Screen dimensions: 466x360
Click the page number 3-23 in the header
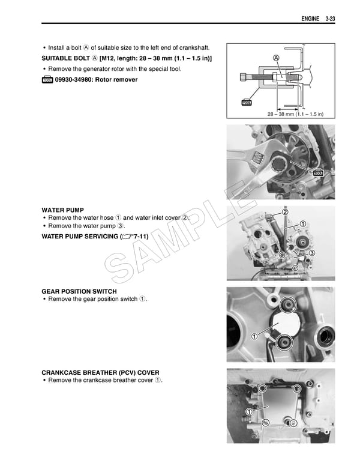coord(329,19)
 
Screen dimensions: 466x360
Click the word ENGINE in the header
coord(309,19)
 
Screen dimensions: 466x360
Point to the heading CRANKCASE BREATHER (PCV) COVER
coord(100,372)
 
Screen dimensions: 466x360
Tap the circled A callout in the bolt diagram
coord(275,58)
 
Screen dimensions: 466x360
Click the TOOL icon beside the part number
coord(47,80)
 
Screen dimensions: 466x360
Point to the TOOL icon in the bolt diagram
coord(246,102)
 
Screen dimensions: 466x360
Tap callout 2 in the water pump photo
coord(285,212)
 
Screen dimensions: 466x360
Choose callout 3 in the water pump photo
coord(311,254)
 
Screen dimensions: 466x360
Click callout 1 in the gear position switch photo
coord(255,336)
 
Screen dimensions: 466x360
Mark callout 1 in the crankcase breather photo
coord(248,411)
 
